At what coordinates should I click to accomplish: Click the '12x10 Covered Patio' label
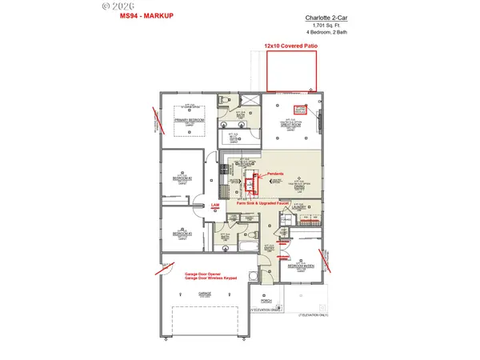290,47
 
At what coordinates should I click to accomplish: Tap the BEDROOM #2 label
182,178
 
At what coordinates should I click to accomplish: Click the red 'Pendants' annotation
276,173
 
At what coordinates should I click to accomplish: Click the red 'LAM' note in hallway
214,206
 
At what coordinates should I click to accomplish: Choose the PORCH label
266,302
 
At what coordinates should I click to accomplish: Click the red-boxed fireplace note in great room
301,109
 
